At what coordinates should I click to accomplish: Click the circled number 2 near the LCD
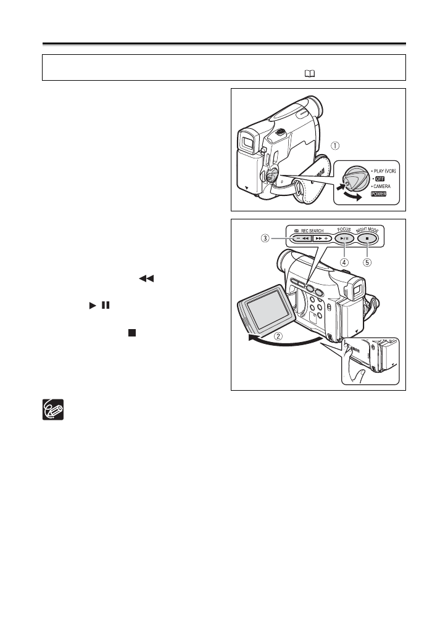[279, 336]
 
